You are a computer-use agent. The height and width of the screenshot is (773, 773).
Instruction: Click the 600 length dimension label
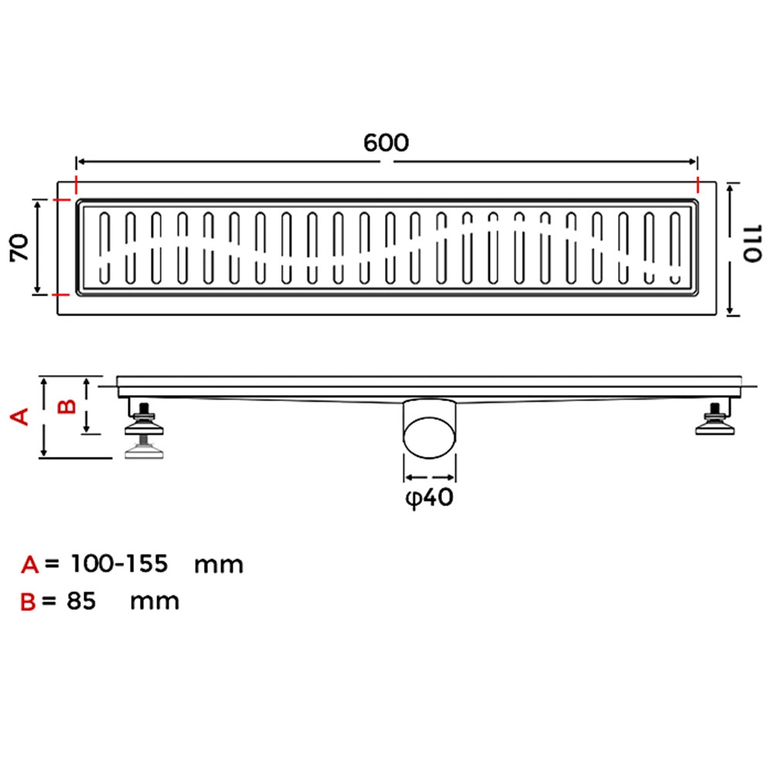pyautogui.click(x=386, y=142)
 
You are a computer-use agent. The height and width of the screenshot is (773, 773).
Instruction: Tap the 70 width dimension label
pyautogui.click(x=20, y=247)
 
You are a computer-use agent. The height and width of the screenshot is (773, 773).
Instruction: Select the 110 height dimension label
pyautogui.click(x=752, y=243)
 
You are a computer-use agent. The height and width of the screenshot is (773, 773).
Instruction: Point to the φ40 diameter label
pyautogui.click(x=429, y=497)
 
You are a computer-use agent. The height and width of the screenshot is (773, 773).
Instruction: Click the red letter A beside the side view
pyautogui.click(x=20, y=417)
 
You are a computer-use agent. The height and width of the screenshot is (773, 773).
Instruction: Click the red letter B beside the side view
pyautogui.click(x=67, y=407)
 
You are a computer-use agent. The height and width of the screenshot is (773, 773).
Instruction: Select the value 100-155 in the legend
pyautogui.click(x=119, y=563)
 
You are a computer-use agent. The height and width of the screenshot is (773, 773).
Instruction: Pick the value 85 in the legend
pyautogui.click(x=81, y=601)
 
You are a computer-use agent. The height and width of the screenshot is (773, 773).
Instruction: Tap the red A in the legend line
pyautogui.click(x=29, y=564)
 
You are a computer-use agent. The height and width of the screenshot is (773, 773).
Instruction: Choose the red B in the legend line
pyautogui.click(x=28, y=602)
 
